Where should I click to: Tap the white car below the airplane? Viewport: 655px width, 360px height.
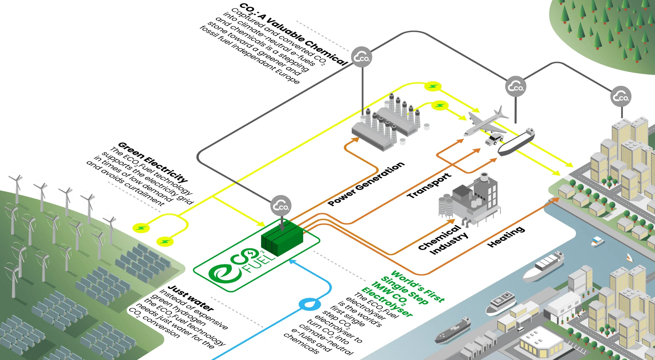point(494,139)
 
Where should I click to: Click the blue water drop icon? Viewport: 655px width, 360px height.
point(309,304)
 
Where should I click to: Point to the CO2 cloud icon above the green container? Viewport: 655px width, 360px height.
point(281,206)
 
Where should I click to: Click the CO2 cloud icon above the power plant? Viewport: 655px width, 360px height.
point(362,57)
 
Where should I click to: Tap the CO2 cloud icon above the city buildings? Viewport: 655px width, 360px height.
point(621,97)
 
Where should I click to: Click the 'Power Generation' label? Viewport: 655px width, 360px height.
point(366,184)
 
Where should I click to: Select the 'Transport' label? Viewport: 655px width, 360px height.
point(429,185)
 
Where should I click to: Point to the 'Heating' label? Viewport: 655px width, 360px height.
point(506,237)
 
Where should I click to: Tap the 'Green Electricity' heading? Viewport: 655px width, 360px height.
point(153,162)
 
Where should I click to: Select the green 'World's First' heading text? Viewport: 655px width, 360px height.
point(418,286)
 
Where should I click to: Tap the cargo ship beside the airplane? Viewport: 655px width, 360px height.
point(516,143)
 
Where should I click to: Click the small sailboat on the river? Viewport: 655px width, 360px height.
point(629,258)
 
